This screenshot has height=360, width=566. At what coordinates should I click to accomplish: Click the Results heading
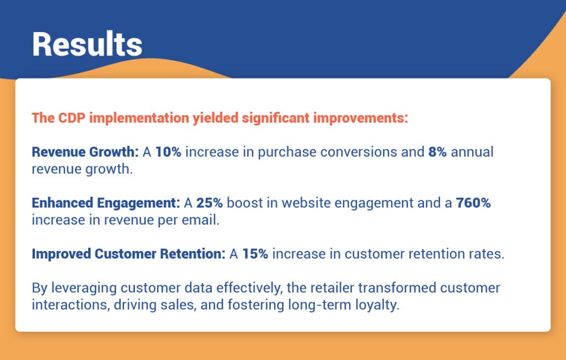point(87,44)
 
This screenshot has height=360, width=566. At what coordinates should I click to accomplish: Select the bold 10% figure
point(168,152)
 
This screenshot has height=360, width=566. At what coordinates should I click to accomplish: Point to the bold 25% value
point(209,203)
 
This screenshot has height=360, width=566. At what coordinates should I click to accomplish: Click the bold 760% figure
point(473,203)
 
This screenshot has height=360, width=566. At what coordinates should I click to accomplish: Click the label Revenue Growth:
point(85,152)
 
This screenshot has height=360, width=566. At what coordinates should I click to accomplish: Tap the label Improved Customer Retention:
point(128,254)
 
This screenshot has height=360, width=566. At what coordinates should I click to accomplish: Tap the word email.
point(206,221)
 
